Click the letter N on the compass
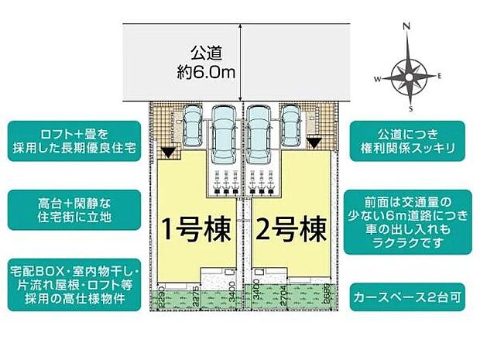tap(407, 26)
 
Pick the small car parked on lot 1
tap(191, 122)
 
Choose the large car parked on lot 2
tap(259, 131)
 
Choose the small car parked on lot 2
tap(290, 122)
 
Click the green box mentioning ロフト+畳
tap(74, 139)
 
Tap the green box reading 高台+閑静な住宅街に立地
tap(74, 207)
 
